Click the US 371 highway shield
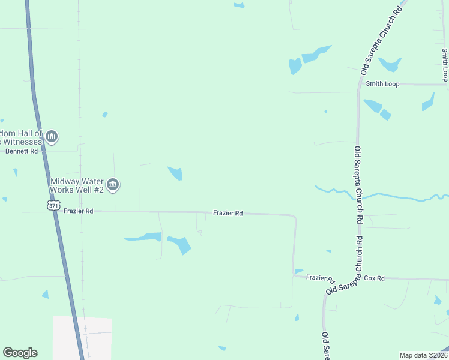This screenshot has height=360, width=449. [x=54, y=206]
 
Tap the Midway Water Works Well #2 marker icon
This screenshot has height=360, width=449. [x=112, y=184]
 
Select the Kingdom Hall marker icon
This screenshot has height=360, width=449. [x=52, y=137]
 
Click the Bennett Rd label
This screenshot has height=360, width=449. [x=22, y=151]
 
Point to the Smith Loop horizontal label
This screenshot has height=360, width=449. [x=383, y=84]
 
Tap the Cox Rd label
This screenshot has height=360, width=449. [x=373, y=278]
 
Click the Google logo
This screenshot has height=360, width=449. [x=20, y=353]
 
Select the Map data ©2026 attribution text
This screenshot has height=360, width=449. [x=423, y=355]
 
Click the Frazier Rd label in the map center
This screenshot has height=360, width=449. [x=228, y=213]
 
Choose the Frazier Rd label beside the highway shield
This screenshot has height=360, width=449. [x=79, y=211]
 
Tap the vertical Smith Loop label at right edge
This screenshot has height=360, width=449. [x=445, y=65]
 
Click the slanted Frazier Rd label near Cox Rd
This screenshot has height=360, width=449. [x=320, y=278]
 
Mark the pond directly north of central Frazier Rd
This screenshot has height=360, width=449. [x=176, y=173]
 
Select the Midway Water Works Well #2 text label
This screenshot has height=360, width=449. [x=77, y=185]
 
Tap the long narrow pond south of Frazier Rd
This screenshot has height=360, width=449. [x=143, y=237]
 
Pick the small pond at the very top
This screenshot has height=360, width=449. [x=239, y=5]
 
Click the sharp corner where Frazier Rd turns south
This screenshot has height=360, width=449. [x=294, y=216]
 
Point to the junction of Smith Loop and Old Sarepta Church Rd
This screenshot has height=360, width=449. [x=358, y=85]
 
